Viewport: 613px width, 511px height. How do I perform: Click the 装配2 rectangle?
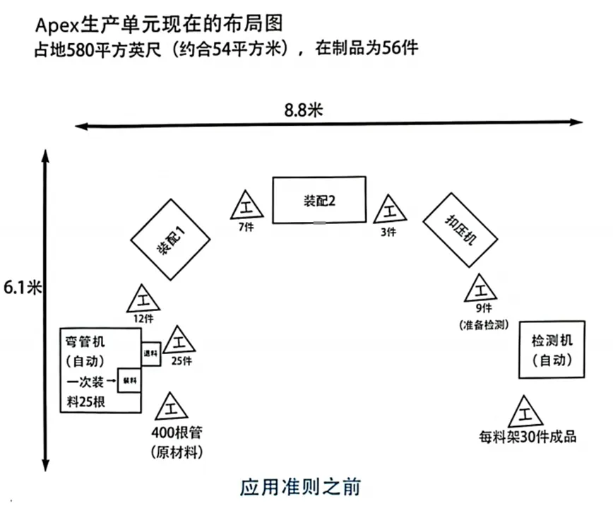click(320, 200)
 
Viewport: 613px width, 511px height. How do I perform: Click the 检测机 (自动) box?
click(552, 350)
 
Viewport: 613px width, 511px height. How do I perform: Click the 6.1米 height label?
click(23, 288)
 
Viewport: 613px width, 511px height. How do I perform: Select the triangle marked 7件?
click(246, 206)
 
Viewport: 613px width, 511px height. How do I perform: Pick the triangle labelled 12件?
click(143, 300)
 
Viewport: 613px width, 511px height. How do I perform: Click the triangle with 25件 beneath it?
click(179, 341)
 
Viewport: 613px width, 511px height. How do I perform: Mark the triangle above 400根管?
click(171, 408)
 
